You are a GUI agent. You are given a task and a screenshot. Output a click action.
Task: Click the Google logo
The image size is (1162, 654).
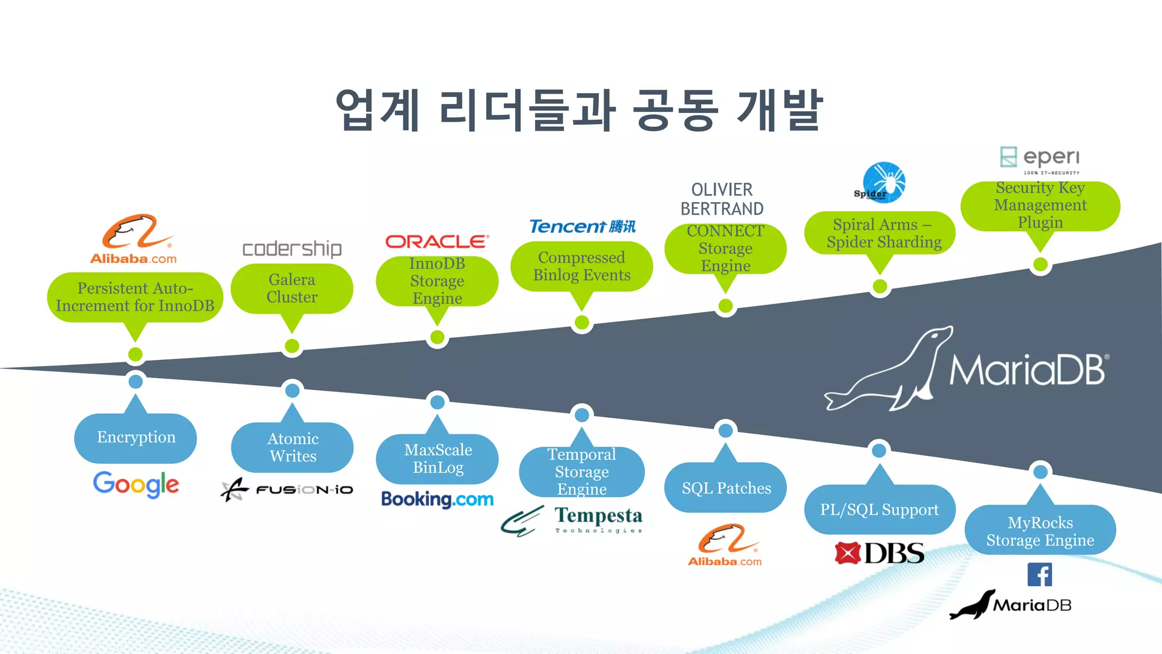(x=136, y=484)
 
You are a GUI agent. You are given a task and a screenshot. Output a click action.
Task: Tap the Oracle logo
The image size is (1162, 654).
(x=437, y=242)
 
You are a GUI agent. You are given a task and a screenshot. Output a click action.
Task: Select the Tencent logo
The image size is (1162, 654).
(x=582, y=227)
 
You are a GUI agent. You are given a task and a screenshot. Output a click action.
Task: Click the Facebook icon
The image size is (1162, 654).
(x=1039, y=575)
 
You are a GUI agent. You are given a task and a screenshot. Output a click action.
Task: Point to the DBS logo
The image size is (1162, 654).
(x=879, y=553)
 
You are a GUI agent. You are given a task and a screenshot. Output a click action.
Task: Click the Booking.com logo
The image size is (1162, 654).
(x=437, y=499)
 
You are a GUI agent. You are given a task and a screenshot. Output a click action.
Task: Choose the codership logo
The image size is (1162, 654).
(x=292, y=249)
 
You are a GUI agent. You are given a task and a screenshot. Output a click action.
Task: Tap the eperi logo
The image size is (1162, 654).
(x=1039, y=159)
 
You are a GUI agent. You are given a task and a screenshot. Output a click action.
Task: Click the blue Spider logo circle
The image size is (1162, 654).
(x=884, y=182)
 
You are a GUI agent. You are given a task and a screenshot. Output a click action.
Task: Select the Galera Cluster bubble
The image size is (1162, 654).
(x=292, y=288)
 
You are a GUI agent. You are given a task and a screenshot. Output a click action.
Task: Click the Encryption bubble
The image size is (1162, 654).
(x=136, y=437)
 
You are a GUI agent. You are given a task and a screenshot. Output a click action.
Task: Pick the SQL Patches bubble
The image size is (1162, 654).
(x=726, y=488)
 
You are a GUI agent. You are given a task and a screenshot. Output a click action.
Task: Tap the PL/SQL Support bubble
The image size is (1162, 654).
(x=879, y=509)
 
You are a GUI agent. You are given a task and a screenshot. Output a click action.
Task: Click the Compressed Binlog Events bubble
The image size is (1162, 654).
(x=582, y=266)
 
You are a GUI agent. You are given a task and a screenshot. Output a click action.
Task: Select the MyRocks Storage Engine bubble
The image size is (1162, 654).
(x=1040, y=531)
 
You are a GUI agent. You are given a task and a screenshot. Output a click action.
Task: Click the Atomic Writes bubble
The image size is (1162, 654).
(x=292, y=447)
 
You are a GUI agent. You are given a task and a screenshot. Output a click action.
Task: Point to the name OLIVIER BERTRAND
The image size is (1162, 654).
(x=722, y=199)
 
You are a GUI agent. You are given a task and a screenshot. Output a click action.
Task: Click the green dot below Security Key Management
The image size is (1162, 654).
(x=1040, y=265)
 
